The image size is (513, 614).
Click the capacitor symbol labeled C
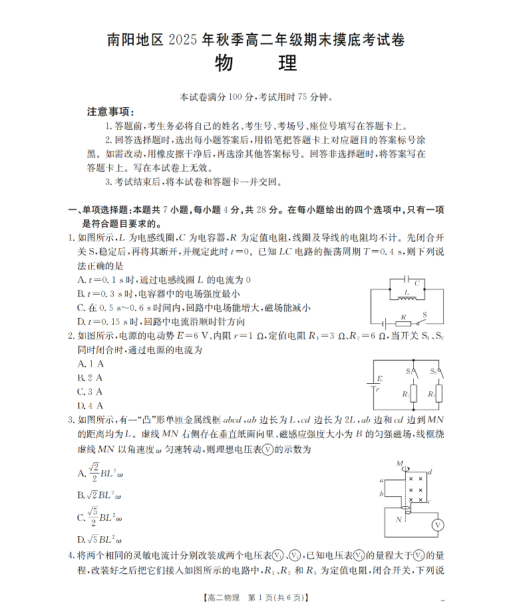click(x=407, y=282)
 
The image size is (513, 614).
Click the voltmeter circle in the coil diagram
click(x=437, y=526)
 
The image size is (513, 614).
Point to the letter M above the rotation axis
click(x=399, y=463)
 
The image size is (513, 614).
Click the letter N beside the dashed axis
click(x=399, y=520)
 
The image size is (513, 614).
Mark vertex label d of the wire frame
click(x=430, y=472)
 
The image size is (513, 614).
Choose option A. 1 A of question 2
click(x=90, y=363)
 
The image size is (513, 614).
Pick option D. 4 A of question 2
click(x=90, y=405)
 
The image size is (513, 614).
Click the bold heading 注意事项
click(x=110, y=112)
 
